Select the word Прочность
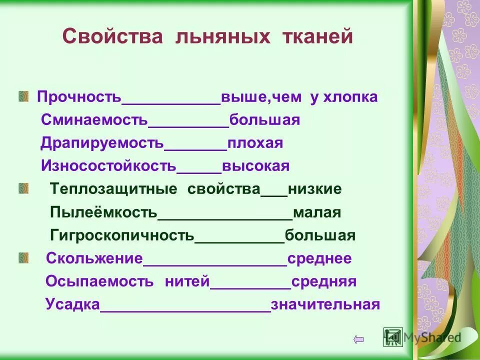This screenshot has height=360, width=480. tap(79, 97)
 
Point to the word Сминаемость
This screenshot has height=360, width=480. tap(94, 120)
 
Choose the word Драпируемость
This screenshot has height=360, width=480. tap(102, 143)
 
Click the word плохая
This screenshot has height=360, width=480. tap(255, 143)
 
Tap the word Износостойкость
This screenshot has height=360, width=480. tap(108, 166)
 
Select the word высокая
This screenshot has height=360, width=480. tap(256, 166)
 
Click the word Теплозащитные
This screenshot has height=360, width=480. tap(113, 189)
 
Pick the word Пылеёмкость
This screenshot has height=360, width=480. tap(103, 212)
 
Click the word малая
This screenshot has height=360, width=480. tap(317, 212)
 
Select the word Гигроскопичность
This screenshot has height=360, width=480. tap(122, 235)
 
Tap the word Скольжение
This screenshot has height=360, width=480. tap(94, 258)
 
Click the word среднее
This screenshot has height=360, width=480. tap(319, 258)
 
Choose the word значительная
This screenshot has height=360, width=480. tap(325, 304)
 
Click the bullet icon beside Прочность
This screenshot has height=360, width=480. tap(23, 96)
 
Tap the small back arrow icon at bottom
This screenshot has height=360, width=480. tap(358, 339)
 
